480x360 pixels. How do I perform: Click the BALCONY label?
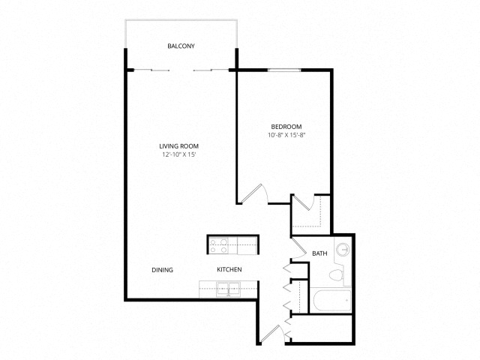click(181, 46)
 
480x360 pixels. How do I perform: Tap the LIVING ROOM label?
click(178, 146)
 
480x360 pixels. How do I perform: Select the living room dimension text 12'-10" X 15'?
click(179, 155)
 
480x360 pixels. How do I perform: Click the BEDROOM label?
click(286, 127)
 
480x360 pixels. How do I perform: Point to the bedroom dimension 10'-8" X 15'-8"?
click(286, 135)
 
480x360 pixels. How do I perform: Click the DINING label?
click(163, 270)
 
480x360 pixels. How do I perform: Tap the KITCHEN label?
click(229, 270)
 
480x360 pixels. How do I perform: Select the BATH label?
click(319, 253)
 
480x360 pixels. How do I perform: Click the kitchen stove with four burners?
click(219, 246)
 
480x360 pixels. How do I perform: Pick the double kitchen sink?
click(228, 289)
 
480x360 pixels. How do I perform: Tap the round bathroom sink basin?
click(343, 250)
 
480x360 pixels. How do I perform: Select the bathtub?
click(332, 300)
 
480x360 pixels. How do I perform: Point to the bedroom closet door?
click(301, 202)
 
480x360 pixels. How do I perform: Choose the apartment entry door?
click(270, 334)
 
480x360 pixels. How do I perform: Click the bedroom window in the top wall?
click(284, 70)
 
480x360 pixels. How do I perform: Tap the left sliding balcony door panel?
click(151, 70)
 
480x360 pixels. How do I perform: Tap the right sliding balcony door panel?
click(211, 70)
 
